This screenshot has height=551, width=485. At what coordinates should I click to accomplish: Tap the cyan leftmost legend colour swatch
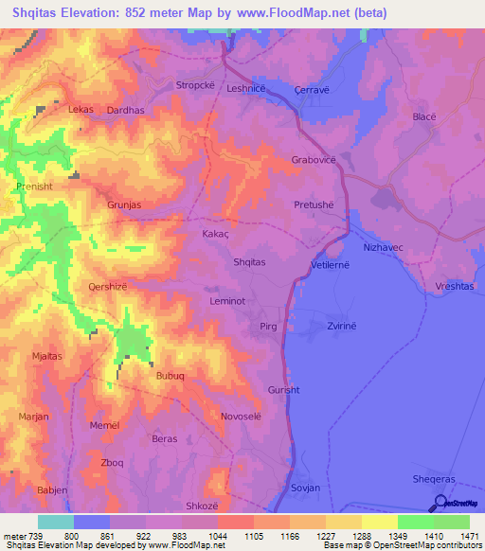click(x=55, y=522)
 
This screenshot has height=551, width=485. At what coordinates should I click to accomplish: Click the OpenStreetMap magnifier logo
click(x=440, y=504)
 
